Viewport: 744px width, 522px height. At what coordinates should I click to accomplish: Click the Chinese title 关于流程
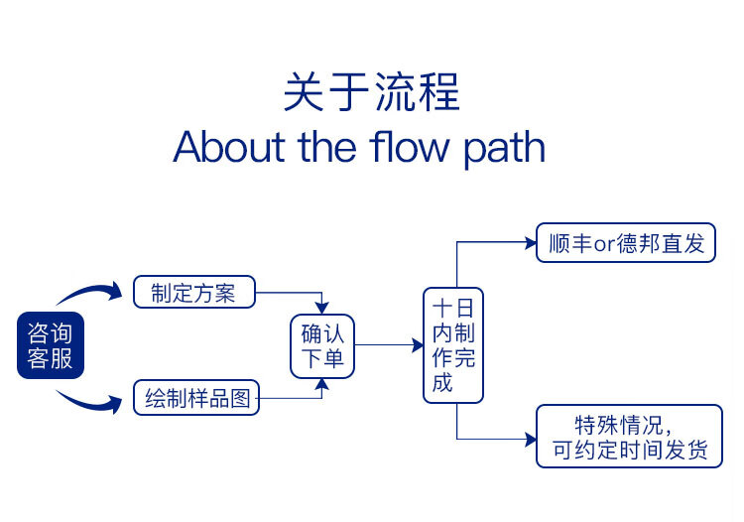coord(372,92)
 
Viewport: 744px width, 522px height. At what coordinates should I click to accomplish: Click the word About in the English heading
coord(230,147)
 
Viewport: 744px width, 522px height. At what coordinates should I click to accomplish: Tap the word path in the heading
coord(504,149)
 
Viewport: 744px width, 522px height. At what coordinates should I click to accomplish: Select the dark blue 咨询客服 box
coord(51,345)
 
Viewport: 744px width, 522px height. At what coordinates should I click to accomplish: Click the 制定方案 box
coord(194,293)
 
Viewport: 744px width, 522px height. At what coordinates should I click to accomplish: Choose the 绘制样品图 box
coord(196,398)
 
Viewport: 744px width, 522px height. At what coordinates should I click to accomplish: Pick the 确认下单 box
coord(322,346)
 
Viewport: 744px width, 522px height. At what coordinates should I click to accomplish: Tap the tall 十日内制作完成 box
coord(453,345)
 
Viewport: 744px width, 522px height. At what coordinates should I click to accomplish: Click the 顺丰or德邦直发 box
coord(626,243)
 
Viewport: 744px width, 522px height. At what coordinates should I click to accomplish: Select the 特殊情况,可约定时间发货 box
coord(629,437)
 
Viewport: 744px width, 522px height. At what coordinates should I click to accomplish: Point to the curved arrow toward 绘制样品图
coord(91,401)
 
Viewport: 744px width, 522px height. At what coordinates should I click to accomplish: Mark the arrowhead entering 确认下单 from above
coord(322,308)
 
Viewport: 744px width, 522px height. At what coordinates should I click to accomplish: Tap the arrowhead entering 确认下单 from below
coord(322,384)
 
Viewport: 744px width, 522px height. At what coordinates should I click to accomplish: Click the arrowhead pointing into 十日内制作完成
coord(418,345)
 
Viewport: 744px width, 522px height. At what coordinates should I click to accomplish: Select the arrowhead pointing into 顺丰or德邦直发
coord(531,243)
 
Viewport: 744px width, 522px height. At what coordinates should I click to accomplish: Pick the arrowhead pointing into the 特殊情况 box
coord(531,440)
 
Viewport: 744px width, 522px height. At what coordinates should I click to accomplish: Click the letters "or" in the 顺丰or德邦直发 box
coord(604,245)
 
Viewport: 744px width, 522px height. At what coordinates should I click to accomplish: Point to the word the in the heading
coord(327,147)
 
